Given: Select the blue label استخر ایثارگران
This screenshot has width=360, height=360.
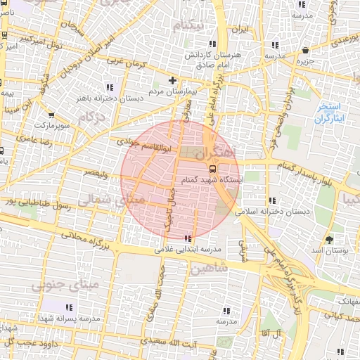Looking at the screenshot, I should [329, 112].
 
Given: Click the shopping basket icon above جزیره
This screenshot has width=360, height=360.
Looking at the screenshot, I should [306, 51].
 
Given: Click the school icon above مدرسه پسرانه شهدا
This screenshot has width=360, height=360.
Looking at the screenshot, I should [69, 307].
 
